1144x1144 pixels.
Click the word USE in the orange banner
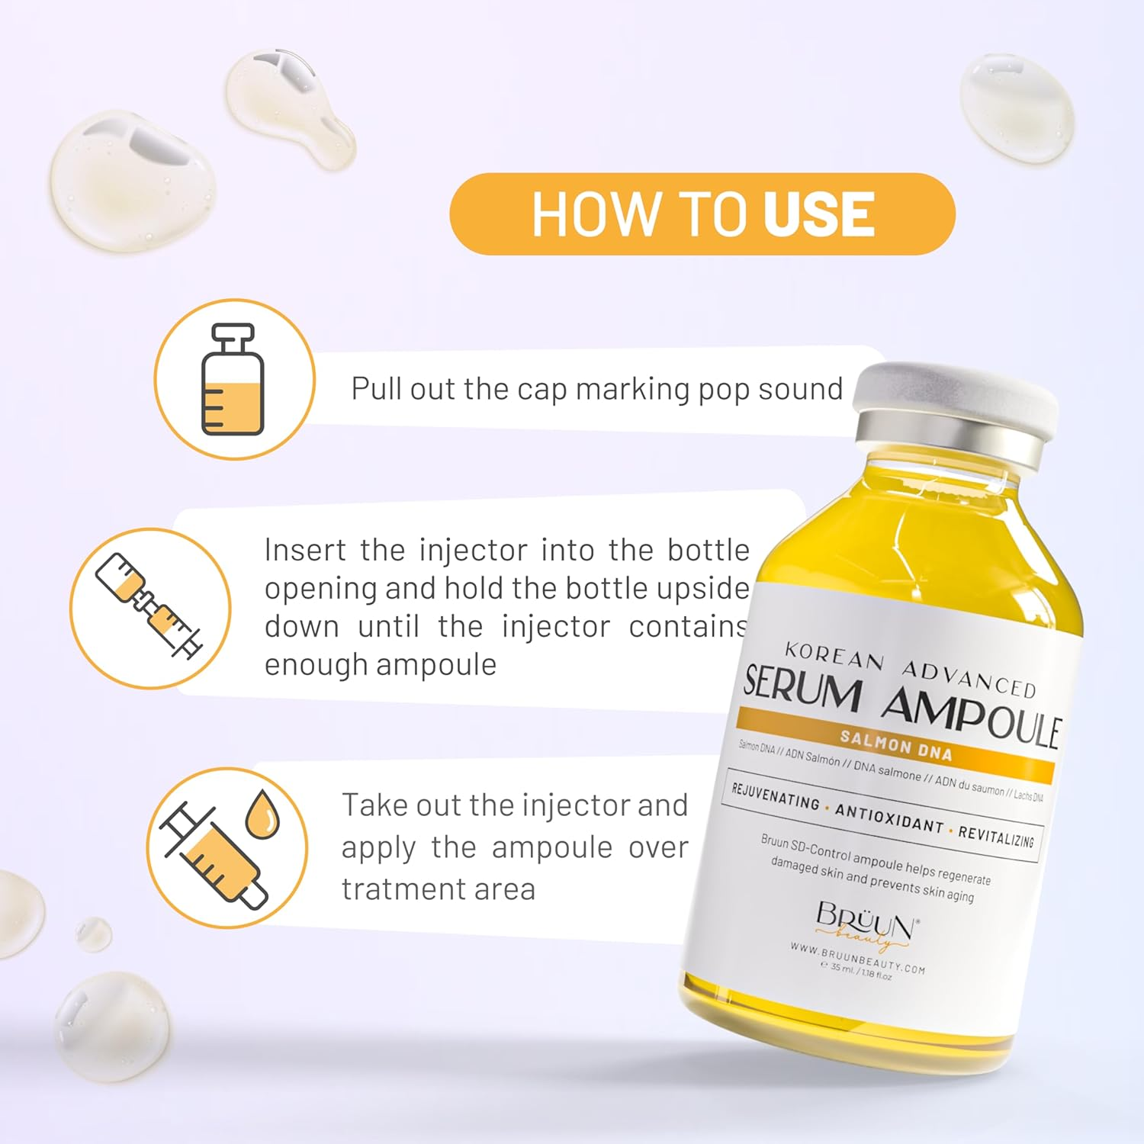[818, 214]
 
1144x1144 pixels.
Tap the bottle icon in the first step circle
[233, 379]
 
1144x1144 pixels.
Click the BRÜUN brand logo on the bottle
[867, 921]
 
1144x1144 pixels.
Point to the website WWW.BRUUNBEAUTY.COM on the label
[857, 959]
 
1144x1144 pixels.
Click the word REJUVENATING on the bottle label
[775, 797]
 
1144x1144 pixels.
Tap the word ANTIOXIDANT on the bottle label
[889, 818]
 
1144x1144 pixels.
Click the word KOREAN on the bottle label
[834, 657]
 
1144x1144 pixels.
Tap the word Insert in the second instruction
[304, 550]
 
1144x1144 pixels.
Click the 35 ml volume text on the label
[841, 968]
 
